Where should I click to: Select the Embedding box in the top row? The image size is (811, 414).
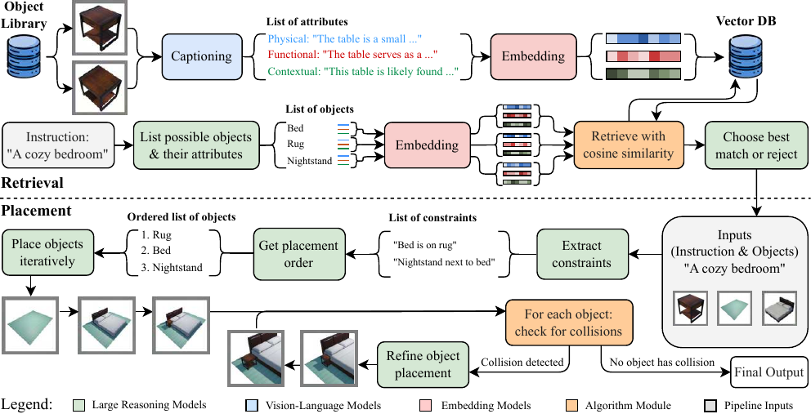pos(533,56)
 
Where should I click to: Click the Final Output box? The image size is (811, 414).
pos(768,372)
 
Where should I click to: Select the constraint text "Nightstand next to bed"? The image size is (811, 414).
pos(446,263)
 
